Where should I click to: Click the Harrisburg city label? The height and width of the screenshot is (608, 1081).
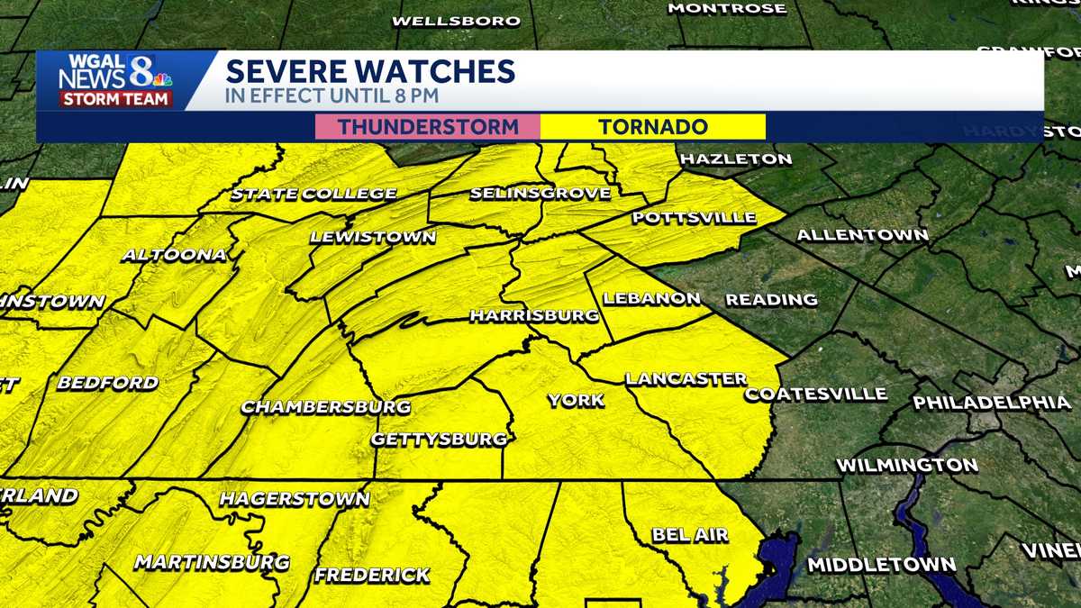[534, 316]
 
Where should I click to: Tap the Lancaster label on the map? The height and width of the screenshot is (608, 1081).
[686, 379]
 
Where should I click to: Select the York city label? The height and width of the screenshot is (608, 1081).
[576, 401]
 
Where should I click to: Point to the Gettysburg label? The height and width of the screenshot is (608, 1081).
[440, 440]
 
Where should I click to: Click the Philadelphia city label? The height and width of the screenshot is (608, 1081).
[992, 403]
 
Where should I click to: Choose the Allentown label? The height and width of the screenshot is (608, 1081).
[862, 236]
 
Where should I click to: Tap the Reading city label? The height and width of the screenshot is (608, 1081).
[771, 300]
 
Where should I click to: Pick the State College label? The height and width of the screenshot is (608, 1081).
[313, 194]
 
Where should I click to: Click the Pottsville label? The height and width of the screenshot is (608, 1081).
[694, 218]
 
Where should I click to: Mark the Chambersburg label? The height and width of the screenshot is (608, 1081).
[325, 407]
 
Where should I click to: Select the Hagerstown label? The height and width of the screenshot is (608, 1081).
[295, 499]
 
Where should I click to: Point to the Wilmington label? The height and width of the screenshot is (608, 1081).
[907, 466]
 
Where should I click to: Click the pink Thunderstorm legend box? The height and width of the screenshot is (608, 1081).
[428, 127]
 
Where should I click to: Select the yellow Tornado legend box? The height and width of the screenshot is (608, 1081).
[653, 127]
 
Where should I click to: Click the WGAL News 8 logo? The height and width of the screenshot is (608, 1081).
[114, 81]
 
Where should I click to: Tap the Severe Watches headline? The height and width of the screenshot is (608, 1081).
[370, 71]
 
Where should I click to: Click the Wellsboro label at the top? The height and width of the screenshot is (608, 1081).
[457, 21]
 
